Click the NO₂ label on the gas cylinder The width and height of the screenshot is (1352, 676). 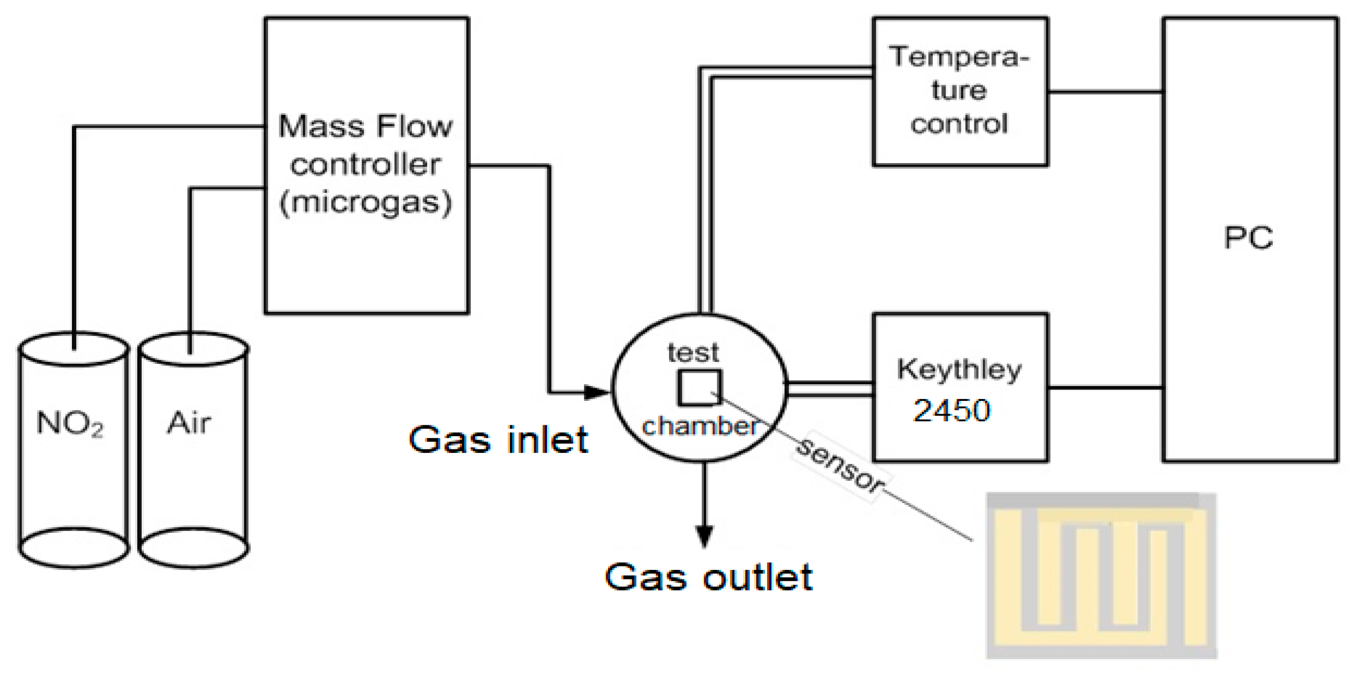tap(70, 423)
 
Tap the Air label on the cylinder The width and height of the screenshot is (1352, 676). tap(189, 423)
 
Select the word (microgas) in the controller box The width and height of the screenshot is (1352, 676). tap(366, 203)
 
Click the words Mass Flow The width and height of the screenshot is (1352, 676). tap(366, 126)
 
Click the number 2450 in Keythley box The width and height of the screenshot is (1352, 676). tap(952, 410)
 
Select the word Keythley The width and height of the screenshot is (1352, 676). tap(959, 370)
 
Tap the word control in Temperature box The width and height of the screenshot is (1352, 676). tap(959, 124)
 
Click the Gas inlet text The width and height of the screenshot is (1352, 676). tap(498, 440)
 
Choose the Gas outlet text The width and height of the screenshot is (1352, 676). tap(709, 577)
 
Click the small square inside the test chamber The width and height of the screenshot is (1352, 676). tap(700, 388)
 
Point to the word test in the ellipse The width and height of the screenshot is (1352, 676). tap(693, 353)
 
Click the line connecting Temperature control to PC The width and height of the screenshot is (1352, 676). tap(1105, 92)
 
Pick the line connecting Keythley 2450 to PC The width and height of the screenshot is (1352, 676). tap(1105, 388)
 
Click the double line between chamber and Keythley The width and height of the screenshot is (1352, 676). tap(829, 389)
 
